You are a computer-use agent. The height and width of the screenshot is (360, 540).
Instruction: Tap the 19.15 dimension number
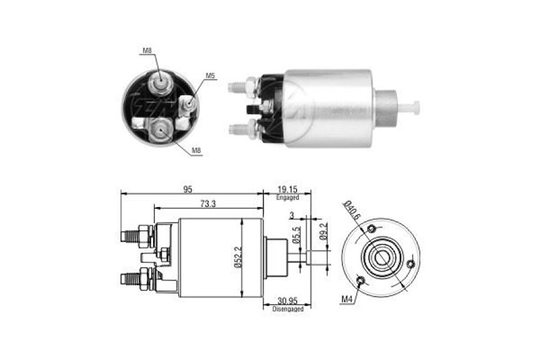pyautogui.click(x=287, y=189)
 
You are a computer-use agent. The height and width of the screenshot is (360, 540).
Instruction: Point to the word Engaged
pyautogui.click(x=287, y=197)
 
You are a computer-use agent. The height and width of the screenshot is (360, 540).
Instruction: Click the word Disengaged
pyautogui.click(x=288, y=309)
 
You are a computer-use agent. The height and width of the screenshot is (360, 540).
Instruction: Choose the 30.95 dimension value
pyautogui.click(x=288, y=301)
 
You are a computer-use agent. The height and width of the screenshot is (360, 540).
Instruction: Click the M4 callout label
pyautogui.click(x=347, y=300)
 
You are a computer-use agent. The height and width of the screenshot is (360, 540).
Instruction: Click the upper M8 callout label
pyautogui.click(x=146, y=51)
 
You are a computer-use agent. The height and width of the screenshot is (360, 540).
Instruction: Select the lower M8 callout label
pyautogui.click(x=196, y=150)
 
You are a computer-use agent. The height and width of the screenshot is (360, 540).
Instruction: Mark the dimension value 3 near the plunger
pyautogui.click(x=291, y=215)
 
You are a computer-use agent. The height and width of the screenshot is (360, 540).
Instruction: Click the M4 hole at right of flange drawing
pyautogui.click(x=410, y=263)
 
